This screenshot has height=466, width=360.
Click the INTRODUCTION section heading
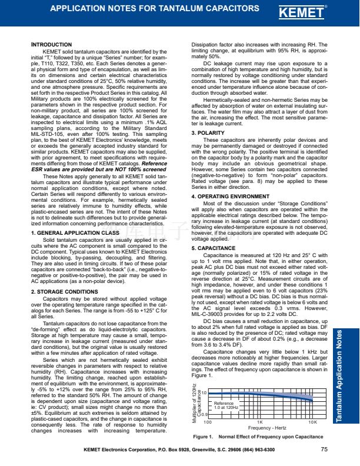pos(51,45)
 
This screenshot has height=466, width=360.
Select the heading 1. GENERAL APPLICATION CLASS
pos(75,233)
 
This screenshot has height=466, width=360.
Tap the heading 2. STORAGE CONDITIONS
pos(64,292)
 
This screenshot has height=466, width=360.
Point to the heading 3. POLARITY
pos(210,133)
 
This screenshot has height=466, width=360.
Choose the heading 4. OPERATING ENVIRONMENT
pos(230,196)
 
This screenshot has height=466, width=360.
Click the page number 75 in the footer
pos(324,450)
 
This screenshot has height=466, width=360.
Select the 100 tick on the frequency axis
pos(207,422)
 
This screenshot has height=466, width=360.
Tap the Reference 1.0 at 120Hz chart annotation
pos(226,404)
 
